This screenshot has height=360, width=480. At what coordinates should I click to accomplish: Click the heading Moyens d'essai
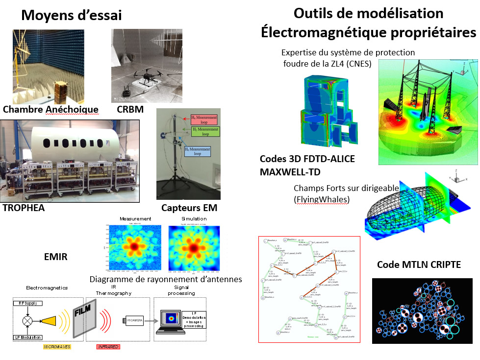point(72,16)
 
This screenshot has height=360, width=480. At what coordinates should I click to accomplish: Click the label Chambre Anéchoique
point(50,109)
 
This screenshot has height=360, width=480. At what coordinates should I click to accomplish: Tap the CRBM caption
point(130,109)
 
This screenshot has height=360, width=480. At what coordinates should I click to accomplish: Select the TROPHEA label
point(24,208)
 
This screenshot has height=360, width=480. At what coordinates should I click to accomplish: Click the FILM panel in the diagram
point(80,319)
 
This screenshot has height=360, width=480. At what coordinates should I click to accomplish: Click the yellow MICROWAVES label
point(56,347)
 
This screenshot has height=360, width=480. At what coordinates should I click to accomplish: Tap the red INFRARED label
point(108,347)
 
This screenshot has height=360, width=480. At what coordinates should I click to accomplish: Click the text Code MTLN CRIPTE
point(419,264)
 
